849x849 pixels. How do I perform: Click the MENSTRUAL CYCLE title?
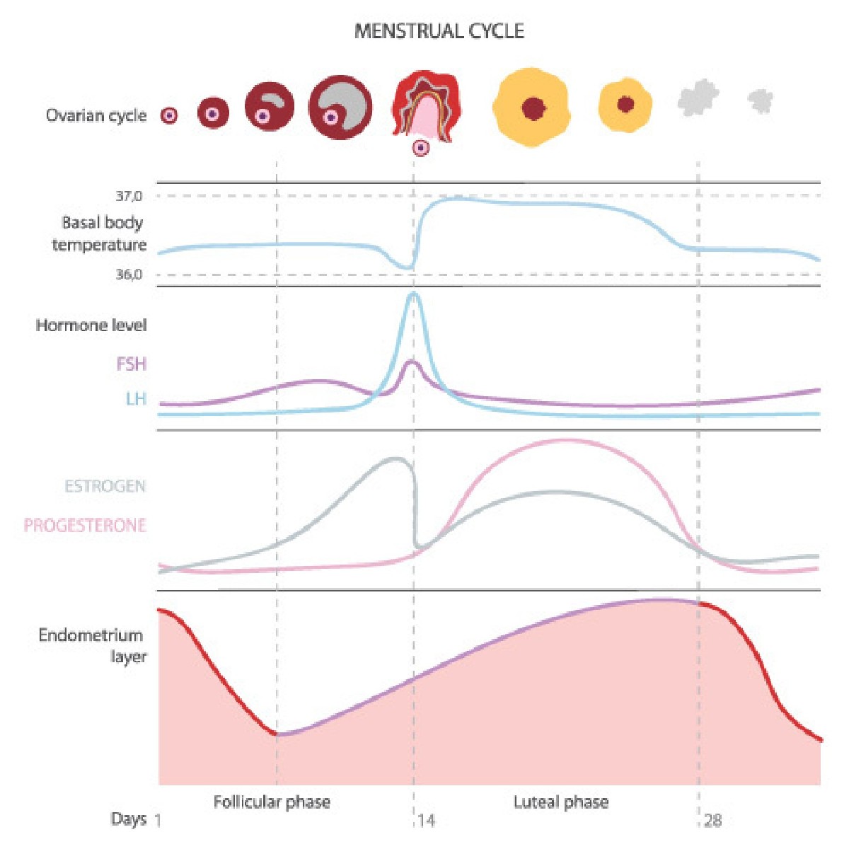tap(439, 32)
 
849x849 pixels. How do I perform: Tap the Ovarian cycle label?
tap(96, 115)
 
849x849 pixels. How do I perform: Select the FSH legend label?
tap(132, 364)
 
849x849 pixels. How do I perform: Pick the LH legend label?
tap(136, 399)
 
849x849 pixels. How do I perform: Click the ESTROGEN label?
tap(105, 487)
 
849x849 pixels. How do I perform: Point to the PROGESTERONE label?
tap(85, 526)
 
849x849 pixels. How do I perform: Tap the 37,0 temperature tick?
tap(129, 196)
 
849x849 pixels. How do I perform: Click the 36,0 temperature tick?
tap(129, 275)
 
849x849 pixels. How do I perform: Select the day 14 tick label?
tap(426, 821)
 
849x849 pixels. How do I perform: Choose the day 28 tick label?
tap(713, 821)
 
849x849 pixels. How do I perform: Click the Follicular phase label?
tap(272, 802)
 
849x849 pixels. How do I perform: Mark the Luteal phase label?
tap(560, 802)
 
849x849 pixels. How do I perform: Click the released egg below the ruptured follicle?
tap(421, 148)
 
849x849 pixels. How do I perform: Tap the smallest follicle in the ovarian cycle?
tap(168, 115)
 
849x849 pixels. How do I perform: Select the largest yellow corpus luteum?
tap(531, 108)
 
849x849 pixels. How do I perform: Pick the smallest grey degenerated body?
tap(761, 101)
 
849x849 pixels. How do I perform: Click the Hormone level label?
tap(91, 325)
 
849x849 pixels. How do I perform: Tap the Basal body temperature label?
tap(100, 233)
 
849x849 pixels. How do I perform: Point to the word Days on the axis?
tap(129, 819)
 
